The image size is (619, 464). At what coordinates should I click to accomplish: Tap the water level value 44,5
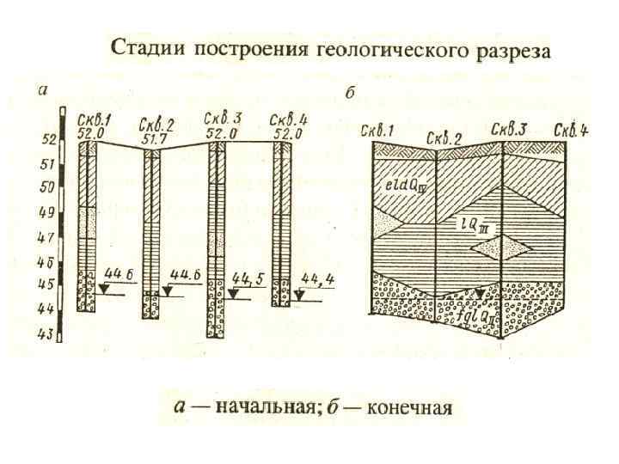pos(248,279)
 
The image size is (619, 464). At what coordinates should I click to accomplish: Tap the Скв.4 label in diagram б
pos(571,130)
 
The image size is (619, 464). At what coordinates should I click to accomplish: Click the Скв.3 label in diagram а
pos(222,119)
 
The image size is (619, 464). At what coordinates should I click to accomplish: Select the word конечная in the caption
pos(409,406)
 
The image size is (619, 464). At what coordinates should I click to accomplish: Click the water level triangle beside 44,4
pos(298,293)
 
